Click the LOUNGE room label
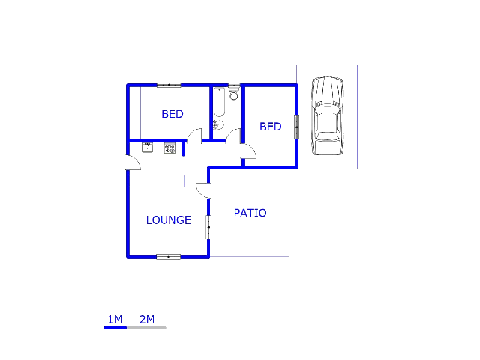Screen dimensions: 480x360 (x=168, y=220)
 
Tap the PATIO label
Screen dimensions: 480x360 (x=250, y=213)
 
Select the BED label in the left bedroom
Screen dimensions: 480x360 (x=172, y=114)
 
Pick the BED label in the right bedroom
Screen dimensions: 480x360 (x=271, y=127)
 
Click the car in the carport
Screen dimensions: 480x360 (x=327, y=115)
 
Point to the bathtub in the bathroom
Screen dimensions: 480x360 (x=220, y=103)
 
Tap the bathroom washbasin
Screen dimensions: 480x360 (x=218, y=125)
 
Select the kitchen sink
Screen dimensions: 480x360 (x=147, y=148)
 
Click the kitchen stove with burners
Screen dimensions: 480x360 (x=170, y=148)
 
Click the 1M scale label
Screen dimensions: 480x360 (x=115, y=319)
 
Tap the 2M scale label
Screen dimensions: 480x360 (x=147, y=319)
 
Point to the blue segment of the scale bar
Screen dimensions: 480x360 (x=115, y=328)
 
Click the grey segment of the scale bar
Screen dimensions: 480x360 (x=146, y=328)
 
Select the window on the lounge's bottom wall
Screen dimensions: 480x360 (x=168, y=256)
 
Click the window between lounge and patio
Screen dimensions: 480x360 (x=208, y=227)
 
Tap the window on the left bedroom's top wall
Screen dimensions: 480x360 (x=169, y=85)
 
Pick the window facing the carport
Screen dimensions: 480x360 (x=296, y=127)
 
